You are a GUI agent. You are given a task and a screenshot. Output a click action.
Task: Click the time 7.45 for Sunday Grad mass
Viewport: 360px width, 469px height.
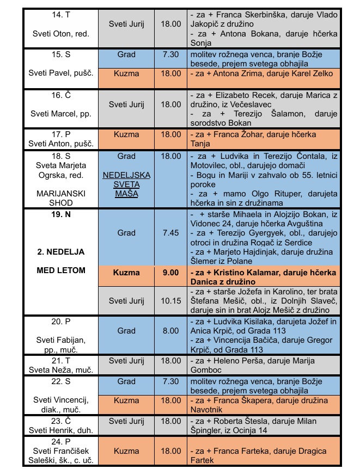click(x=170, y=233)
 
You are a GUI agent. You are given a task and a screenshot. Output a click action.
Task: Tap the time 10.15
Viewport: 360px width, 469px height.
click(x=170, y=300)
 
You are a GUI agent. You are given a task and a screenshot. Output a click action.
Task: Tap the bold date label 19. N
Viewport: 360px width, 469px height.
click(x=60, y=214)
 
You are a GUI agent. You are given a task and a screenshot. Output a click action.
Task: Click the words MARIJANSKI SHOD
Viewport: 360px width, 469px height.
click(x=60, y=198)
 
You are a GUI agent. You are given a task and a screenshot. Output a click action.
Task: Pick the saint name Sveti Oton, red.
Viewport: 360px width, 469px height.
click(x=60, y=33)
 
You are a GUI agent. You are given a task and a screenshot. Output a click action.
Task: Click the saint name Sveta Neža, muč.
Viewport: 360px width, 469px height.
click(x=60, y=369)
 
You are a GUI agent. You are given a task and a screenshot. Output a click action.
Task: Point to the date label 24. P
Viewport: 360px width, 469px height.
click(x=60, y=441)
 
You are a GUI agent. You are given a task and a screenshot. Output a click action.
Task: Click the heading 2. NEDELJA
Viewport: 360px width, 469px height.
click(x=60, y=252)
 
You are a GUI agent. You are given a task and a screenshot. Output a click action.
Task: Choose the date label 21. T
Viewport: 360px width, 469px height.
click(x=60, y=361)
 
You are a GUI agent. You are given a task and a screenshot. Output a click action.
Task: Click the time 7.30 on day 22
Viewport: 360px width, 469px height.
click(x=170, y=381)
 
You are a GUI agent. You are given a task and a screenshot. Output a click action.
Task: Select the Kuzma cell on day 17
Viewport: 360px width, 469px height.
click(x=126, y=134)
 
